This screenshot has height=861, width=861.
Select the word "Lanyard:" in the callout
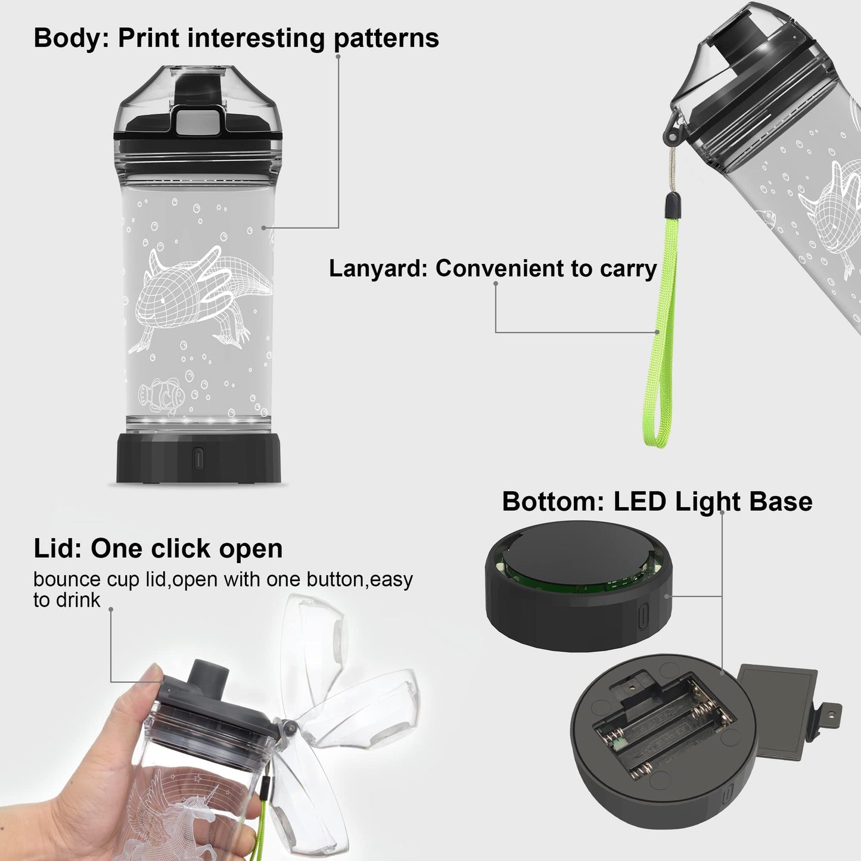[x=378, y=269]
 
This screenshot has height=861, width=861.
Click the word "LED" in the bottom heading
[x=640, y=502]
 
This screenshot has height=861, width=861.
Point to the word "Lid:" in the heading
[x=58, y=548]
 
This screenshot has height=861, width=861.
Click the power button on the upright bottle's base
[x=198, y=459]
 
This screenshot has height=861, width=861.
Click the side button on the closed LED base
[x=643, y=616]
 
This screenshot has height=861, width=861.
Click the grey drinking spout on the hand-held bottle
[x=209, y=679]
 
